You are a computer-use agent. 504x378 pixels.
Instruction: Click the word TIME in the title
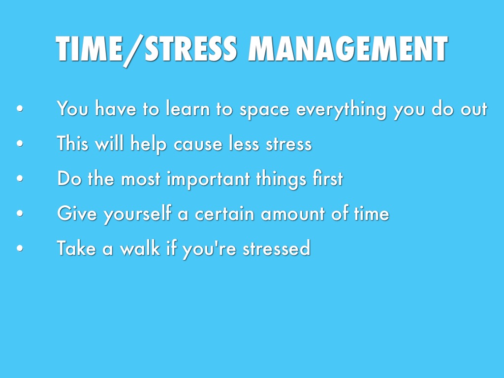click(x=89, y=48)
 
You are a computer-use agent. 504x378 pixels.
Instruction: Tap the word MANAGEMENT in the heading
click(x=348, y=48)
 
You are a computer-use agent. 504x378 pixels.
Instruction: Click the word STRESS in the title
click(x=191, y=48)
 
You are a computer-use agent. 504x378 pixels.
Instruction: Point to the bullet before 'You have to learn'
click(x=20, y=109)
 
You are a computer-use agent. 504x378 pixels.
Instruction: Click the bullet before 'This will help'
click(x=20, y=143)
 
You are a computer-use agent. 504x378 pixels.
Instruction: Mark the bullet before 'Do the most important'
click(x=20, y=178)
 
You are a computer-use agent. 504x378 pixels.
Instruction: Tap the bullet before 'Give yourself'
click(x=20, y=213)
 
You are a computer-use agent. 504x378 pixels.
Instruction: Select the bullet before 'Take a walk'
click(x=20, y=248)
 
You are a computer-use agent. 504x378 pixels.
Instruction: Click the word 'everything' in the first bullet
click(x=341, y=109)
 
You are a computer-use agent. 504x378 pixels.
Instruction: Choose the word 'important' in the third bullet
click(x=208, y=179)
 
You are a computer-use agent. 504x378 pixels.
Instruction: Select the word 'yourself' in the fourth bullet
click(x=137, y=214)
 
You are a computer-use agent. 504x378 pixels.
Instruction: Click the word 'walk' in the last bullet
click(x=140, y=248)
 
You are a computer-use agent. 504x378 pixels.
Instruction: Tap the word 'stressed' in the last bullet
click(x=277, y=248)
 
